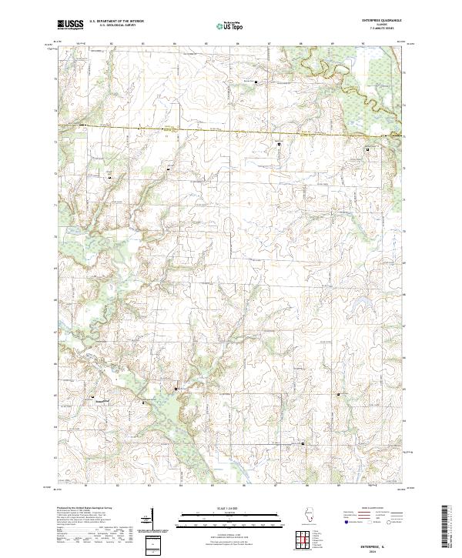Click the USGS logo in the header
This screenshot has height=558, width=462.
pyautogui.click(x=70, y=25)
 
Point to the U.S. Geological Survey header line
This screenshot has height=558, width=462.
pyautogui.click(x=112, y=25)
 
